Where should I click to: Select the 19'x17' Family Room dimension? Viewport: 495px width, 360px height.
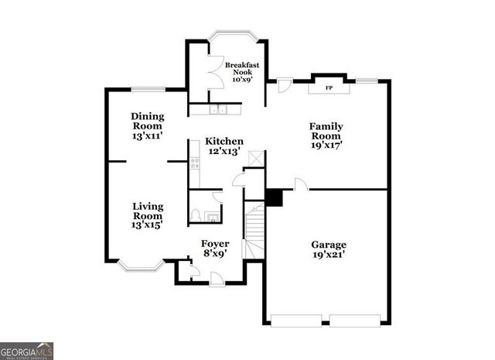(326, 144)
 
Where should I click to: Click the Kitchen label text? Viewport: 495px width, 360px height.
(224, 142)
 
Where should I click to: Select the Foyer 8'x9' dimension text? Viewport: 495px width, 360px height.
(215, 253)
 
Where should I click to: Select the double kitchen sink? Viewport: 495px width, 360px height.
(220, 109)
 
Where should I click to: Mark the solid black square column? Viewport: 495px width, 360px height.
(274, 197)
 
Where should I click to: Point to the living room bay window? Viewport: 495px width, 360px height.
(140, 266)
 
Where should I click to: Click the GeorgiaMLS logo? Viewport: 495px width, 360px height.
(27, 350)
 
